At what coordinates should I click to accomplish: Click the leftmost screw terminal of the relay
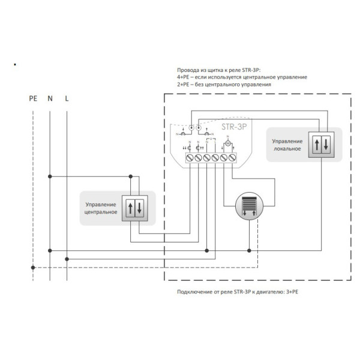pos(191,157)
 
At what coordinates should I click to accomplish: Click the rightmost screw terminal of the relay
pos(232,157)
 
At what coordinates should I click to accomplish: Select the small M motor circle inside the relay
pos(228,144)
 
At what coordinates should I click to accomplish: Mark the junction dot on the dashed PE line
pos(34,268)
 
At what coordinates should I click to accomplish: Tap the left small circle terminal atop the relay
pos(191,128)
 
